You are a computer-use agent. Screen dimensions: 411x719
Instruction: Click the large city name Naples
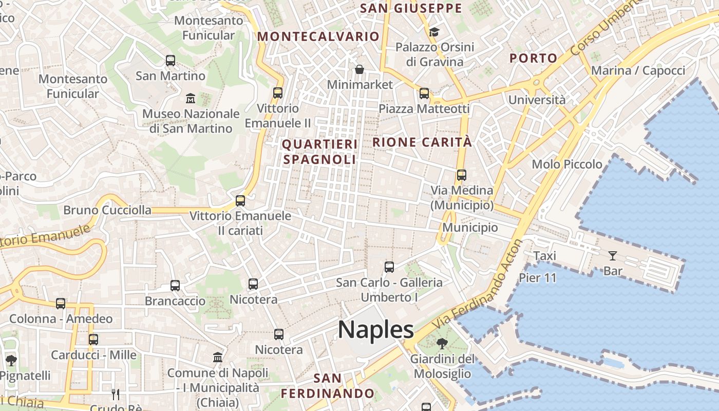[376, 329]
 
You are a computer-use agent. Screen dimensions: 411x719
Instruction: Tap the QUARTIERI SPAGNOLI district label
[319, 152]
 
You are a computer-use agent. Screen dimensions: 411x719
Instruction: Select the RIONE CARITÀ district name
[422, 142]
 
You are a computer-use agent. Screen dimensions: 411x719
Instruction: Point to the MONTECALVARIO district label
[318, 36]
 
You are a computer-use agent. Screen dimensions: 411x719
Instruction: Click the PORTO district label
[534, 58]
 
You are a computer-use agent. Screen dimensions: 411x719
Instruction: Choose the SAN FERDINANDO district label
[328, 386]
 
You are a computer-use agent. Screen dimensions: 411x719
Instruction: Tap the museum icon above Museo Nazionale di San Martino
[191, 98]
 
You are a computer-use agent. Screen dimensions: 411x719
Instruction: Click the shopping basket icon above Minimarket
[359, 69]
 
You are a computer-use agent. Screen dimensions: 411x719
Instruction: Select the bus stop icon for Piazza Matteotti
[424, 94]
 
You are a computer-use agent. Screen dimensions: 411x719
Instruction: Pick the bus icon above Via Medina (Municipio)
[461, 175]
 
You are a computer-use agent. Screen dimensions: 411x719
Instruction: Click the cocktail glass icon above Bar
[612, 255]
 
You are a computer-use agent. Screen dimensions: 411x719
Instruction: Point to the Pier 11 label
[537, 277]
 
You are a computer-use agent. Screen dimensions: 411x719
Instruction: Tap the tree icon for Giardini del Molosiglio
[442, 344]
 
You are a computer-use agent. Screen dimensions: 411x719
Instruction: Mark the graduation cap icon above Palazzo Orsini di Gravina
[434, 32]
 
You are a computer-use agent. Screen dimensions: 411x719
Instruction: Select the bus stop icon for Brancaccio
[175, 286]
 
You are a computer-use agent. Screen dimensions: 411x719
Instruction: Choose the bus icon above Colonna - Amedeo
[61, 304]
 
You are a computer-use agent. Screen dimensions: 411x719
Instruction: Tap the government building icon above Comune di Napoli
[218, 357]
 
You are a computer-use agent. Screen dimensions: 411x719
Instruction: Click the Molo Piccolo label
[567, 164]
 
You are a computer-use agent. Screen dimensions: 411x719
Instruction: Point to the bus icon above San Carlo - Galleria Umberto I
[389, 267]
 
